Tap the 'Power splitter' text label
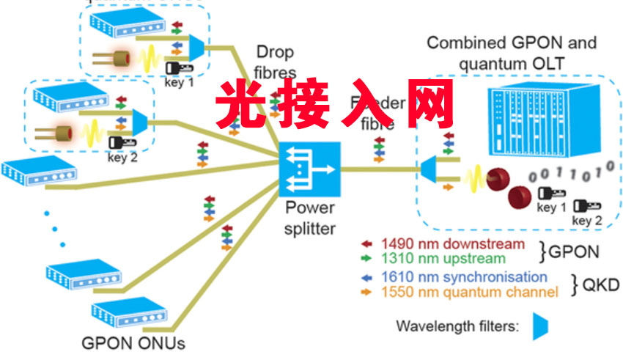310,217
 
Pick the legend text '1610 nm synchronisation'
464,277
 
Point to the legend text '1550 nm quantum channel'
469,293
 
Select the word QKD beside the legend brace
594,285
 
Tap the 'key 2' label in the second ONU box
122,155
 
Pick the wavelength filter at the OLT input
429,169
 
